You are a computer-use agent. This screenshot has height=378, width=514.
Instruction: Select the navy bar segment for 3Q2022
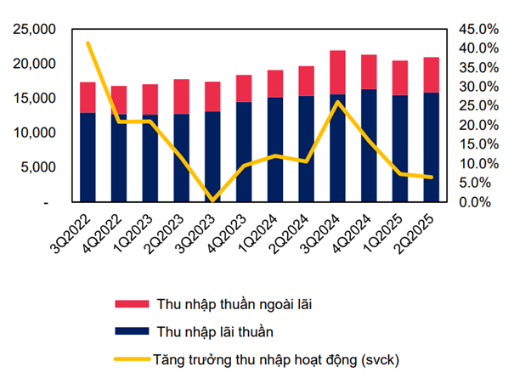(x=88, y=157)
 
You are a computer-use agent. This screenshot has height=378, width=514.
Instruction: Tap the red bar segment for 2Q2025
(x=432, y=75)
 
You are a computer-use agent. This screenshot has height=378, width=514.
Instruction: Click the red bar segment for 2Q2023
(x=181, y=96)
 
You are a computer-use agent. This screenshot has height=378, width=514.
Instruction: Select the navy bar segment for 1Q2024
(x=275, y=150)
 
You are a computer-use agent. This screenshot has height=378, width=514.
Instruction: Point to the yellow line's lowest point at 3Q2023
(x=212, y=200)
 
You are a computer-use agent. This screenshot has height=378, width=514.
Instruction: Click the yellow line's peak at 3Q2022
(x=88, y=42)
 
